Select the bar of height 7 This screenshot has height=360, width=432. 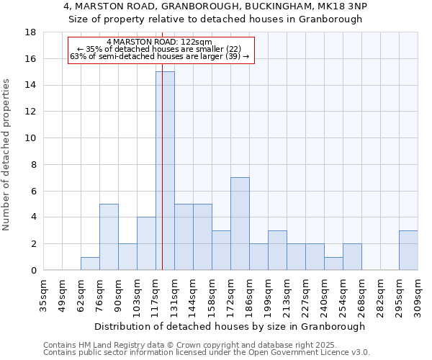tap(240, 223)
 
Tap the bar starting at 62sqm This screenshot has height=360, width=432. tap(90, 264)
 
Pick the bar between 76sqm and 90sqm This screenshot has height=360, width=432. tap(109, 237)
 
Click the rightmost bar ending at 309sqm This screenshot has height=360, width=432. tap(408, 250)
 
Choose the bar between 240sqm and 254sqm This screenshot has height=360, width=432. tap(333, 264)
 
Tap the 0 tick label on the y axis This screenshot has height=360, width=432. tap(33, 271)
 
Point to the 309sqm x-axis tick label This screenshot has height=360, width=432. tap(418, 296)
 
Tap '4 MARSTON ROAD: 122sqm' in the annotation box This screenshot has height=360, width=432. tap(159, 42)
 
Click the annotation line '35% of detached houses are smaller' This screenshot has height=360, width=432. tap(159, 49)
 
